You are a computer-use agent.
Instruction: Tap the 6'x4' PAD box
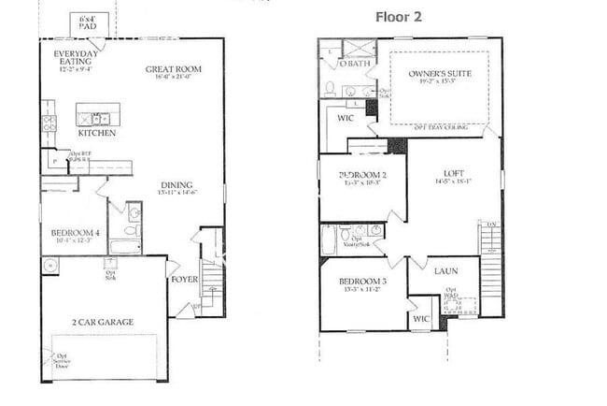coord(89,24)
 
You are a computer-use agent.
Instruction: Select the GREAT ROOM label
coord(174,69)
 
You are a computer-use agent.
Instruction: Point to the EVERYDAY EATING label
coord(76,58)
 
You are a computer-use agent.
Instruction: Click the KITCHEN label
coord(97,133)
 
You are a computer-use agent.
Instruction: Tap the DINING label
coord(176,185)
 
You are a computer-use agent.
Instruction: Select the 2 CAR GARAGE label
coord(103,322)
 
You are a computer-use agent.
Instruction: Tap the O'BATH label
coord(355,64)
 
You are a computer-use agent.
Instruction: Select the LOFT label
coord(454,173)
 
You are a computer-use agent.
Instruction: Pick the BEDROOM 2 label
coord(362,175)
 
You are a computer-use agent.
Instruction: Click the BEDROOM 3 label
coord(362,282)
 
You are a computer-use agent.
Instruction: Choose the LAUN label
coord(445,271)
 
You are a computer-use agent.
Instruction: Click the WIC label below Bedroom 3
coord(422,319)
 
